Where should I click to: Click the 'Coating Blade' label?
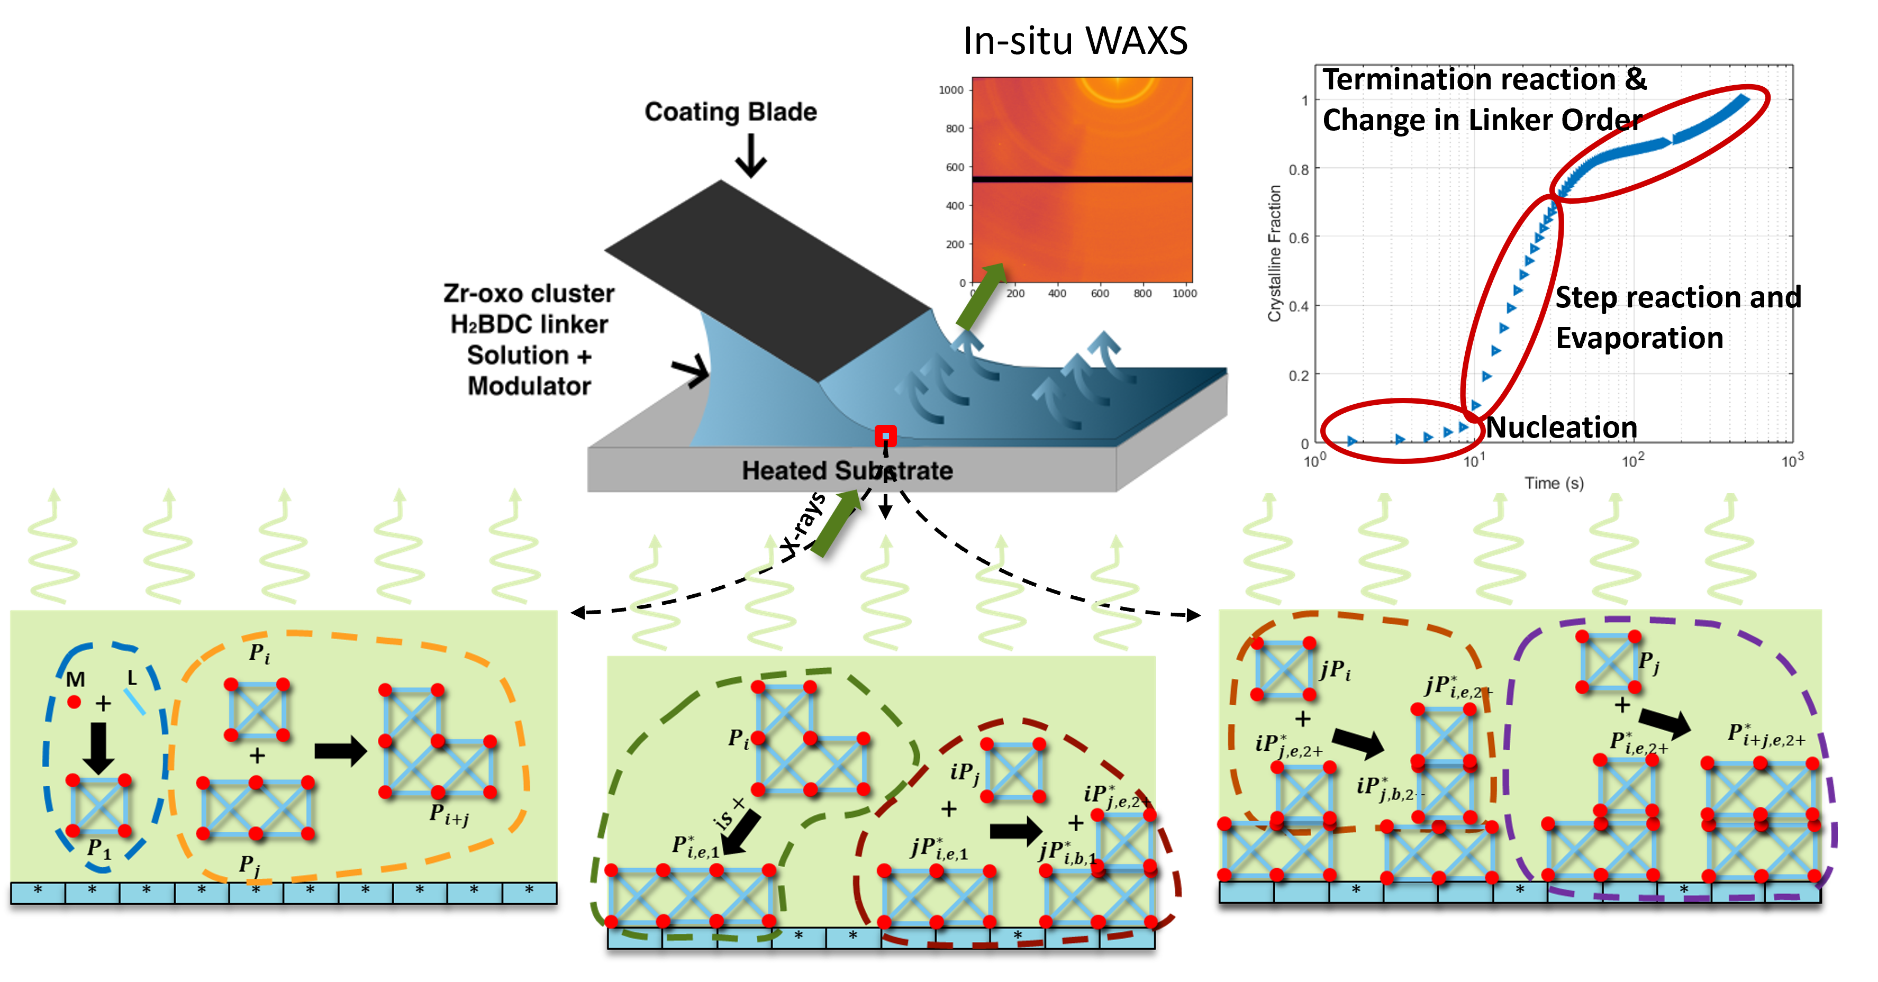click(730, 112)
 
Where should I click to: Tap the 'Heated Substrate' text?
click(847, 470)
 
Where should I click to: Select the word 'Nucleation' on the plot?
click(1562, 427)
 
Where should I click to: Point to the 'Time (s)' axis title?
click(1554, 483)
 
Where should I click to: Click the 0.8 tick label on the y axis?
click(1299, 170)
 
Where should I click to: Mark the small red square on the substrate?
click(885, 436)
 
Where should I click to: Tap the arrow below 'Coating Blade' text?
click(750, 157)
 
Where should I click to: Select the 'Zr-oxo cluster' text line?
click(529, 293)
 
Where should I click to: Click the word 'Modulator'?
click(529, 386)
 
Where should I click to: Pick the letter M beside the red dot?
click(76, 679)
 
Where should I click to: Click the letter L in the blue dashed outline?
click(132, 678)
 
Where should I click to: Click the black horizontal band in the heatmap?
click(1082, 179)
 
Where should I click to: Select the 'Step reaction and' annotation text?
click(1677, 297)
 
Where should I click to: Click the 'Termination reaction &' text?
click(1484, 79)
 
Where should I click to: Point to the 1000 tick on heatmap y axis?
click(951, 89)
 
